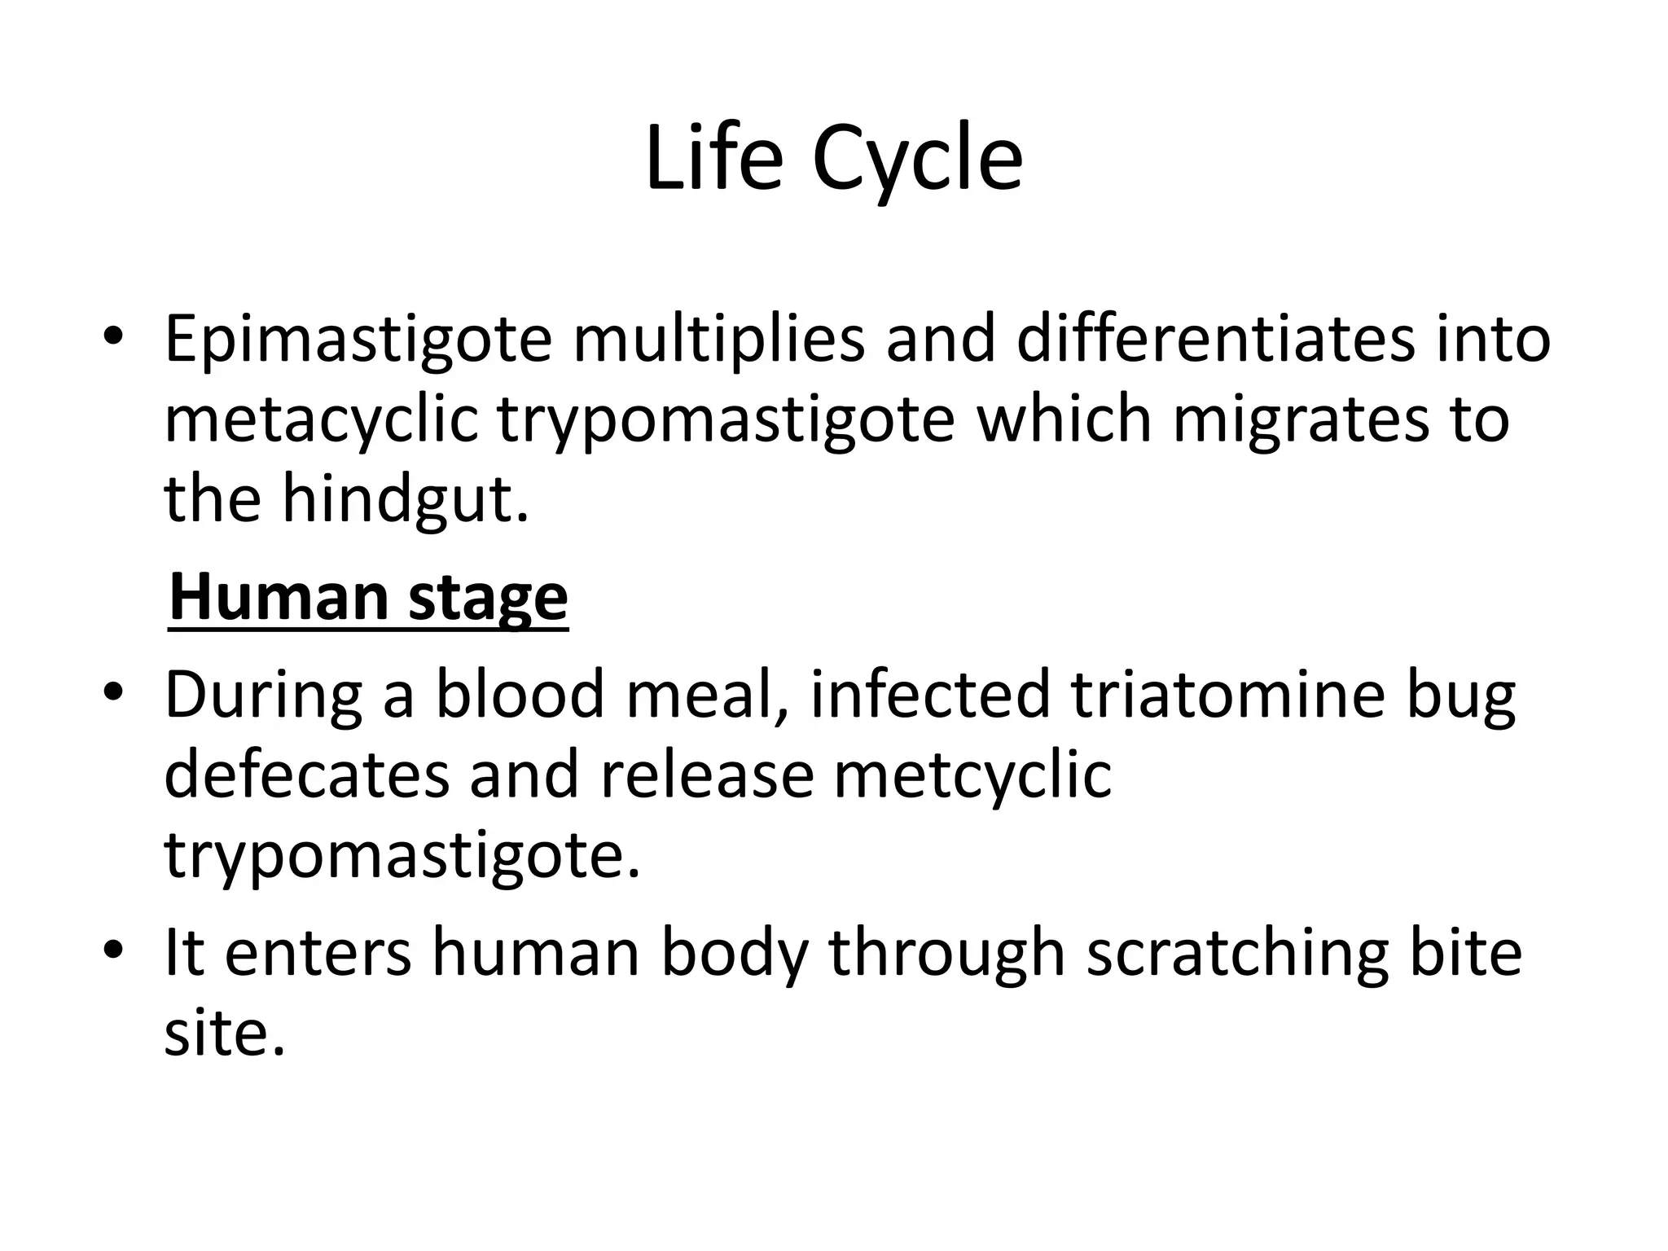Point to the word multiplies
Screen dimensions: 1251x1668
[x=718, y=340]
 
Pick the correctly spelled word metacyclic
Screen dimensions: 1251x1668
[x=321, y=422]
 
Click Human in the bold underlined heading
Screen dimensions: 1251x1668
[x=277, y=598]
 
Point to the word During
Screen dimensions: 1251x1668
[x=263, y=696]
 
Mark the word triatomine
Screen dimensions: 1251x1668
[x=1227, y=696]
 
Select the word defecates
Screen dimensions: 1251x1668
[x=306, y=775]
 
